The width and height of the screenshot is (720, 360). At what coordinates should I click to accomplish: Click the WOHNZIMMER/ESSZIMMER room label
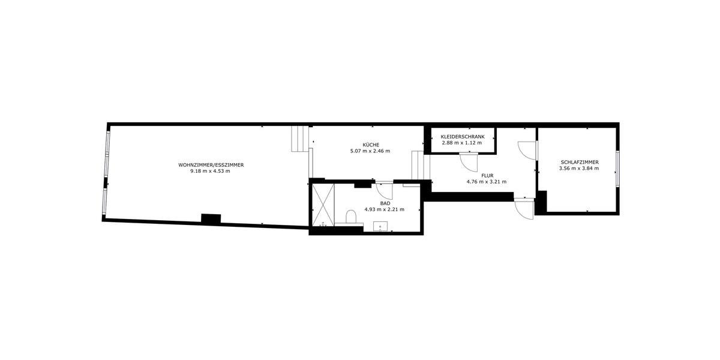[211, 165]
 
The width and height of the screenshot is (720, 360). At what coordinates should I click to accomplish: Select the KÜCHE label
[370, 145]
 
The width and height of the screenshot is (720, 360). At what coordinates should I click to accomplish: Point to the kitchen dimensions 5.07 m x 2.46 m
[370, 151]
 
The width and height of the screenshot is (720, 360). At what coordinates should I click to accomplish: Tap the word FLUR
[487, 175]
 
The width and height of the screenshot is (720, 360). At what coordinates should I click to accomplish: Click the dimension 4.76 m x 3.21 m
[487, 182]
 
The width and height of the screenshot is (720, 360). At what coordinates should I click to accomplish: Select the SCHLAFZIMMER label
[579, 162]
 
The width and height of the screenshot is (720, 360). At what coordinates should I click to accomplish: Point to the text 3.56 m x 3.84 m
[579, 169]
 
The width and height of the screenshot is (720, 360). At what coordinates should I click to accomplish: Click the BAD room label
[385, 203]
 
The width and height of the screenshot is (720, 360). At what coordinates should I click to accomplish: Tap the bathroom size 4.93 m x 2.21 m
[385, 209]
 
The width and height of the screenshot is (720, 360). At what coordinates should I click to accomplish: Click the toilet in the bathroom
[352, 216]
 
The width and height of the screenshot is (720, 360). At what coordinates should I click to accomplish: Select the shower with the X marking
[322, 205]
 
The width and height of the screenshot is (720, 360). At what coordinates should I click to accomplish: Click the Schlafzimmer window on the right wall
[617, 170]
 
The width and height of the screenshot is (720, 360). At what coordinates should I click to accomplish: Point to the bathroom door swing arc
[385, 191]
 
